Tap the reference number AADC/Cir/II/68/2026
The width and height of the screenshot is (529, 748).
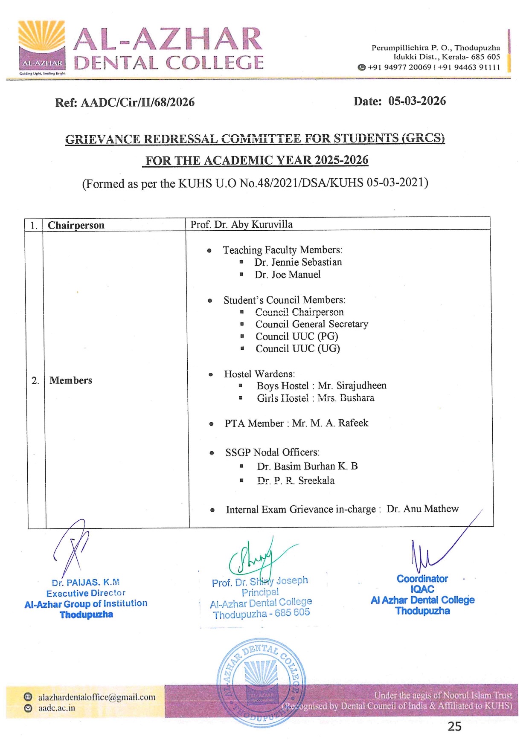tap(137, 102)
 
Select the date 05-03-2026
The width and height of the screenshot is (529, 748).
tap(417, 101)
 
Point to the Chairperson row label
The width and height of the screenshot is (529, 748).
tap(76, 225)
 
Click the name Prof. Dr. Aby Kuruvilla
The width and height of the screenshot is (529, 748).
tap(241, 224)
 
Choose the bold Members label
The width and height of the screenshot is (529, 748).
tap(71, 380)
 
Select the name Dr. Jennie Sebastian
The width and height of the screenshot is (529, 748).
tap(298, 262)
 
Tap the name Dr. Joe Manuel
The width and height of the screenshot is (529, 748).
tap(288, 275)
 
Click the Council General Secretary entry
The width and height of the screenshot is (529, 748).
tap(312, 324)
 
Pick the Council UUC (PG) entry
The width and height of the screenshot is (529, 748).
tap(297, 336)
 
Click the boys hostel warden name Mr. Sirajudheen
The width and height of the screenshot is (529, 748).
tap(352, 386)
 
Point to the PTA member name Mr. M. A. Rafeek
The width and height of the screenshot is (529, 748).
tap(330, 423)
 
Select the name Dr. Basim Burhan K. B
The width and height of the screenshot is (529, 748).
tap(307, 466)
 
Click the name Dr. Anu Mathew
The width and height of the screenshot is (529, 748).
tap(422, 509)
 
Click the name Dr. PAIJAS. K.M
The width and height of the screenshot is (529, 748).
tap(86, 583)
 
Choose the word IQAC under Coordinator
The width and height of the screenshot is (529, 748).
tap(422, 589)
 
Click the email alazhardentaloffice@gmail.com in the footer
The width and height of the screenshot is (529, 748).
tap(97, 697)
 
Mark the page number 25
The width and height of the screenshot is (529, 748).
tap(454, 726)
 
